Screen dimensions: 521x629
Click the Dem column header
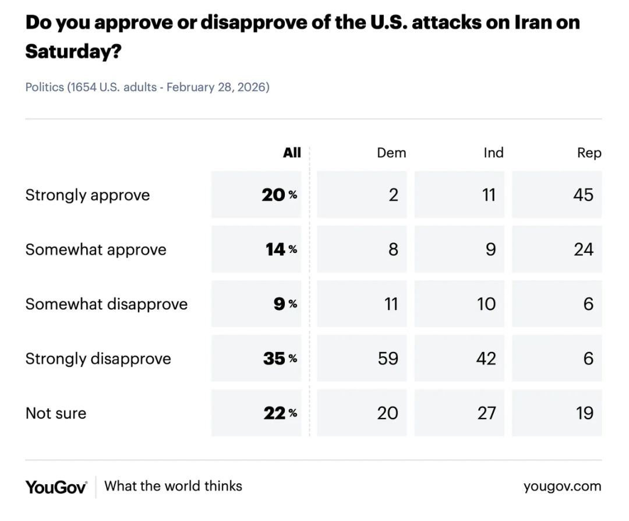click(391, 153)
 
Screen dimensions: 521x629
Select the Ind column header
click(493, 153)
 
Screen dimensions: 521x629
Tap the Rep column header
click(589, 153)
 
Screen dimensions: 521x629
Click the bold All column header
click(292, 153)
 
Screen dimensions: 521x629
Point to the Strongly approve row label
click(87, 195)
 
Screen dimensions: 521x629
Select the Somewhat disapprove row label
click(106, 304)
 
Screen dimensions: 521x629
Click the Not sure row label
click(56, 413)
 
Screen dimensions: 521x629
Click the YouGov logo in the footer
click(56, 487)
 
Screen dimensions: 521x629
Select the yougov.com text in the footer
click(562, 486)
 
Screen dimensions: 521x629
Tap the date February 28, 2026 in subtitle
click(218, 87)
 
